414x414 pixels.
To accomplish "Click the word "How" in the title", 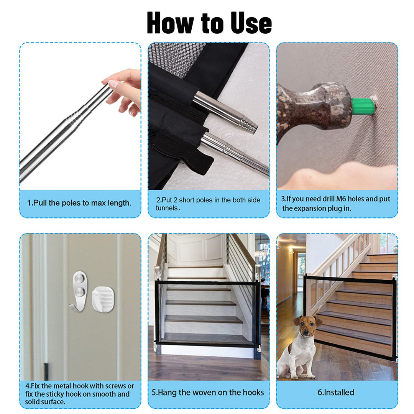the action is pos(170,23).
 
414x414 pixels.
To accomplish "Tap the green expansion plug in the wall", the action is pos(363,106).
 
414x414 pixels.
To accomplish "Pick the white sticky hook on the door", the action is pos(103,299).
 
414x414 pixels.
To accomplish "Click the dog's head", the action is pos(307,326).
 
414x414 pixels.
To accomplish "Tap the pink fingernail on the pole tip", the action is pos(113,84).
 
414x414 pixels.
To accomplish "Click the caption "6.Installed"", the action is pos(335,393).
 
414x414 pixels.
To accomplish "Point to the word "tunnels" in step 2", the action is pos(167,208).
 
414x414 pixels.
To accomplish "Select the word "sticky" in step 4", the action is pos(55,394).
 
